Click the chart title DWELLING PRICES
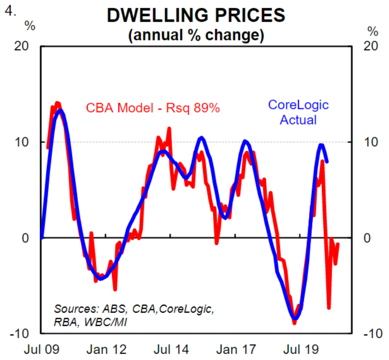point(196,15)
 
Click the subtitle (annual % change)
point(196,35)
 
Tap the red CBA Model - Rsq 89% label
point(153,108)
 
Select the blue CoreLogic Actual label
point(298,112)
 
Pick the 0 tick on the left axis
point(26,238)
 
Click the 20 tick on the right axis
point(370,46)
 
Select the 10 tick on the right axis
point(370,142)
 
